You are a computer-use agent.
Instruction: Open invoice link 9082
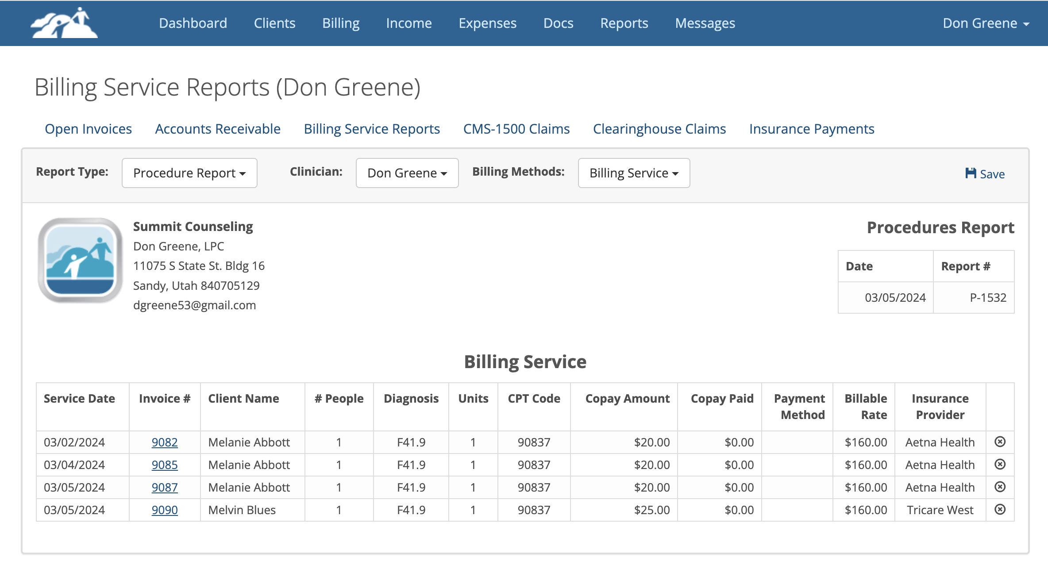[165, 442]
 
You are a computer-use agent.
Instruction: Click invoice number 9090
[165, 510]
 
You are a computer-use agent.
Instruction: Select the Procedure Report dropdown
[189, 173]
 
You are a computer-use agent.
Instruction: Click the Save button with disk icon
[985, 173]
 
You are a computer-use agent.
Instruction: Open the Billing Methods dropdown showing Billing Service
[634, 173]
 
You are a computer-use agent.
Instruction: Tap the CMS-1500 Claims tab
[516, 129]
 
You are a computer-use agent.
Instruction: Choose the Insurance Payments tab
[812, 129]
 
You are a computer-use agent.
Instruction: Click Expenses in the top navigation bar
[487, 23]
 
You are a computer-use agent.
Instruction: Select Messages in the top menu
[705, 23]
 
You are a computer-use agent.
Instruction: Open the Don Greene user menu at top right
[986, 23]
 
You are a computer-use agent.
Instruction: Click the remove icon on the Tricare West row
[1000, 509]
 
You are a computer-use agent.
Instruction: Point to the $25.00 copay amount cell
[651, 510]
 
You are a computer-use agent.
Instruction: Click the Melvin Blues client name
[242, 510]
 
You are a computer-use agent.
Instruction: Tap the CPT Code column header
[534, 399]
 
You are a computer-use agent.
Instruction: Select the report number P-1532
[988, 297]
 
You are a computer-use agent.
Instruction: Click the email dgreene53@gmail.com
[194, 305]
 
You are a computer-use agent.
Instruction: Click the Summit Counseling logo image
[80, 260]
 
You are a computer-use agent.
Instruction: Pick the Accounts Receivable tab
[218, 129]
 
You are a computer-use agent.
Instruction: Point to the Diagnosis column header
[411, 399]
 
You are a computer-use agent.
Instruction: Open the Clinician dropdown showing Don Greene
[407, 173]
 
